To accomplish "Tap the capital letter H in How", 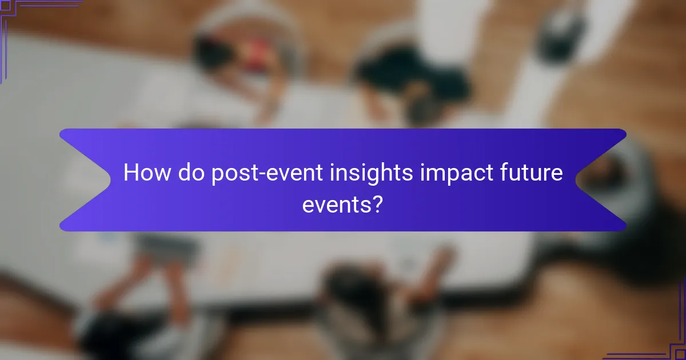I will (x=131, y=173).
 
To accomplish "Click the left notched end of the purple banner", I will (x=80, y=179).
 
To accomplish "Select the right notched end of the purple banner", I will (x=606, y=179).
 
